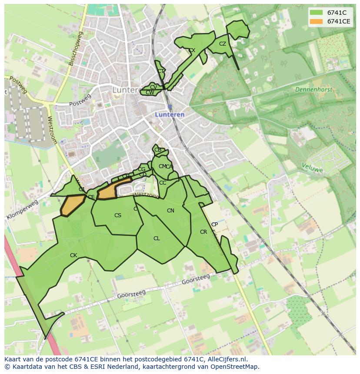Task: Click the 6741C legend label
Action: coord(337,13)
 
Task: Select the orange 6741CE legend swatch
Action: coord(316,21)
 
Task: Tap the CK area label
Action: coord(73,255)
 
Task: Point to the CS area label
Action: coord(118,215)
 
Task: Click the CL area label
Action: coord(157,238)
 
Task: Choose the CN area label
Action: coord(170,211)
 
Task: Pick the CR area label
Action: coord(203,232)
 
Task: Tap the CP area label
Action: coord(214,225)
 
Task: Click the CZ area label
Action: coord(223,44)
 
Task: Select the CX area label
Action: coord(192,50)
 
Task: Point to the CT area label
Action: coord(161,71)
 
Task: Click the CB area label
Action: coord(158,150)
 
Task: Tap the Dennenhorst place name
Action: coord(313,90)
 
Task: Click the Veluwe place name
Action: coord(312,168)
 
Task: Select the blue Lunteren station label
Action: coord(170,115)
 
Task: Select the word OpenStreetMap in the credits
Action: coord(235,367)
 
